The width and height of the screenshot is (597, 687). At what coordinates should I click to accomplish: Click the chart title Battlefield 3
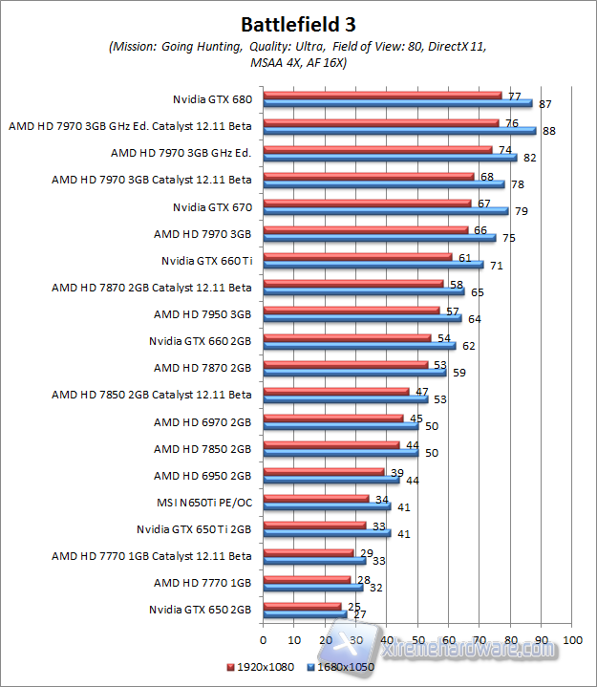[298, 23]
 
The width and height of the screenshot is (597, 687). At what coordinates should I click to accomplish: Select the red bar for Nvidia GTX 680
[382, 95]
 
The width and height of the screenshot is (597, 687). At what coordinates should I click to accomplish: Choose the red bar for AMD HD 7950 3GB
[351, 310]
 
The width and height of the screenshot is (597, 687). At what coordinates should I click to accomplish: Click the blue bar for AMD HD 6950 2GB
[330, 480]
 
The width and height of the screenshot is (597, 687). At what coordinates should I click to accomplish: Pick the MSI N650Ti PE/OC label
[205, 503]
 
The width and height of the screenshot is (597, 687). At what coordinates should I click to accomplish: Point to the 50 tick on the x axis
[417, 640]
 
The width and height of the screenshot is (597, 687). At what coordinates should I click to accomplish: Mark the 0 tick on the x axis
[263, 640]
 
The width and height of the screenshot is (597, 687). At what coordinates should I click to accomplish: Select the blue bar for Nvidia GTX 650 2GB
[304, 614]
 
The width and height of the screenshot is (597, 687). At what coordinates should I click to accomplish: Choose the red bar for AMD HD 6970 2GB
[332, 417]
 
